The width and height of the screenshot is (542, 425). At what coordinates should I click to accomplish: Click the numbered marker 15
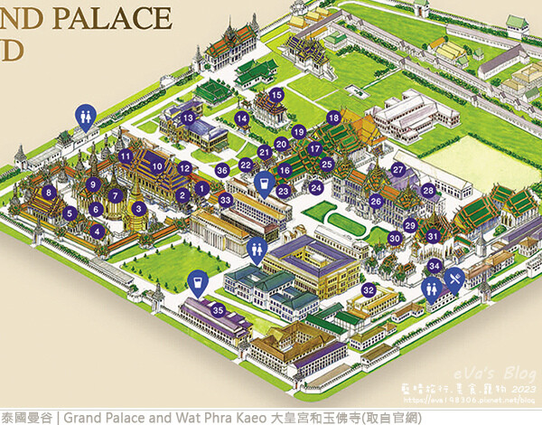[277, 95]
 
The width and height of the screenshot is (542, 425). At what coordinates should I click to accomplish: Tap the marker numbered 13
[187, 118]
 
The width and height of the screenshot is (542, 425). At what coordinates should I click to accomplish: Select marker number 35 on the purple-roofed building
[218, 309]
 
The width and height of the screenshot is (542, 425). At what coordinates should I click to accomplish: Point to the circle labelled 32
[369, 290]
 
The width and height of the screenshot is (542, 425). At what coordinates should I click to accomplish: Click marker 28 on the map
[429, 191]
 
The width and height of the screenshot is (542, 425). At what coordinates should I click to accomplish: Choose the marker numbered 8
[48, 192]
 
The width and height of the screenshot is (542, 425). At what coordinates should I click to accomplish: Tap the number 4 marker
[97, 231]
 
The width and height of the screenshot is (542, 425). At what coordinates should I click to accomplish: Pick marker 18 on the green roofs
[333, 118]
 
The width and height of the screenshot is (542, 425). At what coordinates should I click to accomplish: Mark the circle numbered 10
[158, 166]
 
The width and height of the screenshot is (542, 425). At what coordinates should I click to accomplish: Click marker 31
[434, 237]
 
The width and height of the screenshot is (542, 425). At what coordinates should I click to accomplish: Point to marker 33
[226, 199]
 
